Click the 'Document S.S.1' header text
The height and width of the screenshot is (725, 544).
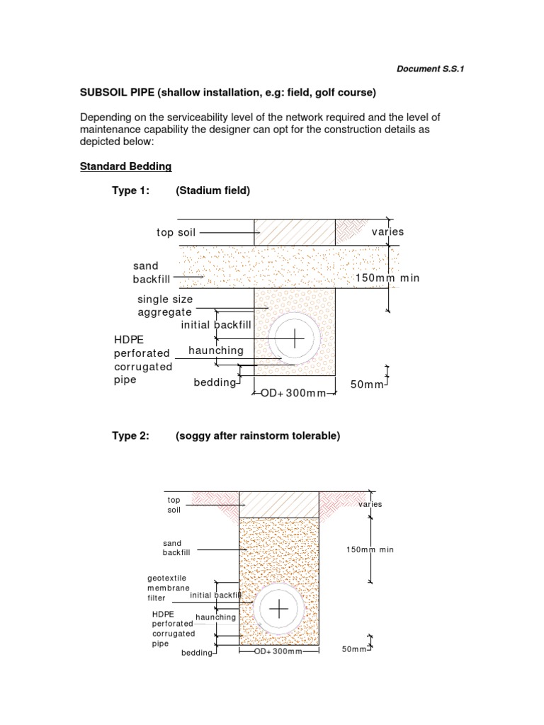[430, 69]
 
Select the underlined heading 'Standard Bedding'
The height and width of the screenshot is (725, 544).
[125, 166]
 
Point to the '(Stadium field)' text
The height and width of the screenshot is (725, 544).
[212, 190]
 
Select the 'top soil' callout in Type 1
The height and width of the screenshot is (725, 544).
[176, 232]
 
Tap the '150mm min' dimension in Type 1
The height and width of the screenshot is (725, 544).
[387, 278]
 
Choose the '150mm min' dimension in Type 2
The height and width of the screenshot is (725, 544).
[370, 549]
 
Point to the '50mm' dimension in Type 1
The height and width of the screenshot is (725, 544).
[367, 384]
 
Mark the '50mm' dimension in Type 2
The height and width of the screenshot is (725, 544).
[354, 649]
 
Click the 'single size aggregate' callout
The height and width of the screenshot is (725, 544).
[164, 306]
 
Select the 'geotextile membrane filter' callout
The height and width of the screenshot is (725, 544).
[167, 588]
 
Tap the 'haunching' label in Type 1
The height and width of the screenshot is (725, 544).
[215, 350]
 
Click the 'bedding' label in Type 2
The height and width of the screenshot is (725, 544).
[197, 653]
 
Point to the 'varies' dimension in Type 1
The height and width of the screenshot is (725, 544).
[387, 232]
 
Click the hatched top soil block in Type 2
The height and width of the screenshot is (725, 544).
[278, 504]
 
